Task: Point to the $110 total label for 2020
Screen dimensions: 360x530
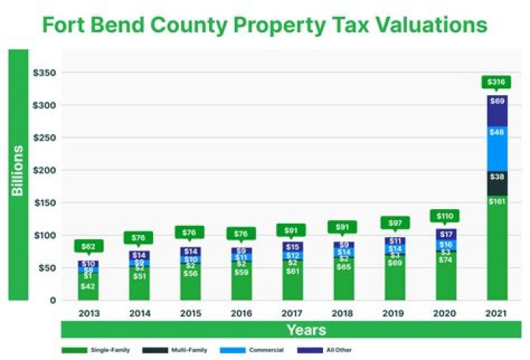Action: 445,216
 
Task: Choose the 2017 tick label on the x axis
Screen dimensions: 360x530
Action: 291,312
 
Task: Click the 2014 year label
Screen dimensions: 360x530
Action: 139,312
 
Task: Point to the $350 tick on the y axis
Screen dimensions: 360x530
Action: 45,73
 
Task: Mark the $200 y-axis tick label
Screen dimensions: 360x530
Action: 45,170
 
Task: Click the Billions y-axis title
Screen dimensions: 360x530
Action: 18,171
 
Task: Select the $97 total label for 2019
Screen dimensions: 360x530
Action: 394,222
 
